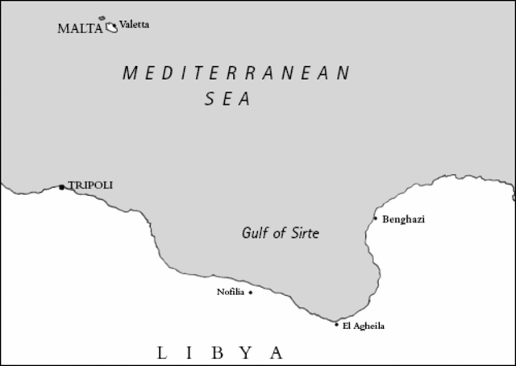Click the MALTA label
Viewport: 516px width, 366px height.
click(x=80, y=28)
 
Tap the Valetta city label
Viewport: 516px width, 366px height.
click(x=134, y=24)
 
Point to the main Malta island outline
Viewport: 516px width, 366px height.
click(x=111, y=27)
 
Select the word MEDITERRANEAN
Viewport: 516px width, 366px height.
click(x=236, y=73)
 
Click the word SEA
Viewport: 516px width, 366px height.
click(x=227, y=99)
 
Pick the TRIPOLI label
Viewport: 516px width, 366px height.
click(x=90, y=185)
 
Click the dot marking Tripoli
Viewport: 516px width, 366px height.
click(x=61, y=187)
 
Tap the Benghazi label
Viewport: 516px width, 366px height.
click(x=403, y=218)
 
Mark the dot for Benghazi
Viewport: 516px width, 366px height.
click(x=375, y=218)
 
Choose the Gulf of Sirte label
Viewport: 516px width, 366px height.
click(x=281, y=234)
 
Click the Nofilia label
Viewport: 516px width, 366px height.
click(x=230, y=292)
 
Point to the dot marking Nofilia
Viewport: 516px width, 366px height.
click(x=250, y=293)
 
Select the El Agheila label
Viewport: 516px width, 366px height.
click(x=364, y=326)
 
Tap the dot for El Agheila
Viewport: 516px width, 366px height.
click(x=337, y=324)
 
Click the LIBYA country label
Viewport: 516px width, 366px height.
click(x=220, y=352)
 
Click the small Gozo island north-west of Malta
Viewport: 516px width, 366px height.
click(x=102, y=18)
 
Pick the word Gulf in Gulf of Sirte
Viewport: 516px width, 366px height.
click(x=255, y=234)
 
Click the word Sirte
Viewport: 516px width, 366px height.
click(x=304, y=234)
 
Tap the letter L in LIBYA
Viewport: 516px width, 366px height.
click(x=162, y=352)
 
